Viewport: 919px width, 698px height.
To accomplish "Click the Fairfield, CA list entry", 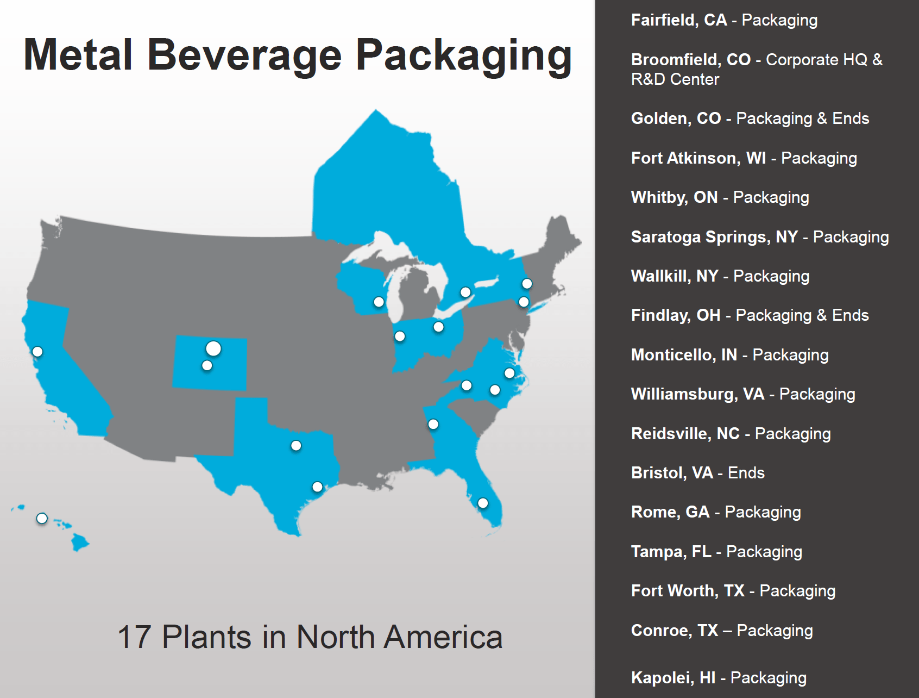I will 724,20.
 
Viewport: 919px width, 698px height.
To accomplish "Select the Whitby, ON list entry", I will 720,197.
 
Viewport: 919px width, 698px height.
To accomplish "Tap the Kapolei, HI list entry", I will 719,678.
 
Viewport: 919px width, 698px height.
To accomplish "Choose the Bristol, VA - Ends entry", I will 697,473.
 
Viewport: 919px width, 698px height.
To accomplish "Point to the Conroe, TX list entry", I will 722,631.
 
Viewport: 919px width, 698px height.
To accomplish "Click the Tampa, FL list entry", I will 716,552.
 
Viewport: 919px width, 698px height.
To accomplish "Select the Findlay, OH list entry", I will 750,315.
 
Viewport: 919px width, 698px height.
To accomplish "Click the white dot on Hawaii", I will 42,519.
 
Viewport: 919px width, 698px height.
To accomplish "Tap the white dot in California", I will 37,352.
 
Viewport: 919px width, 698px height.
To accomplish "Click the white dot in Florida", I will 483,503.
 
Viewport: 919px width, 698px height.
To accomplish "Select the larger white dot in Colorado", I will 213,348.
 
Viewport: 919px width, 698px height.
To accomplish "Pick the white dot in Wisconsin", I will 379,302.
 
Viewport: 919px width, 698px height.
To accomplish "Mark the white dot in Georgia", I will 433,424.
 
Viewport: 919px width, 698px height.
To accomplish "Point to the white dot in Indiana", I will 400,336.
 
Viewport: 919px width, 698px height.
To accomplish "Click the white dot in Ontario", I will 465,292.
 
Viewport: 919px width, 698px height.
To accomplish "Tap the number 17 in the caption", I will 134,637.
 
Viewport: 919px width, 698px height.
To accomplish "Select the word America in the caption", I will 443,637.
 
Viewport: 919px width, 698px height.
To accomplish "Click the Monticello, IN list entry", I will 729,355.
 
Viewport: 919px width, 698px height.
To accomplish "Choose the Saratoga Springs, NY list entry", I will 760,237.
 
